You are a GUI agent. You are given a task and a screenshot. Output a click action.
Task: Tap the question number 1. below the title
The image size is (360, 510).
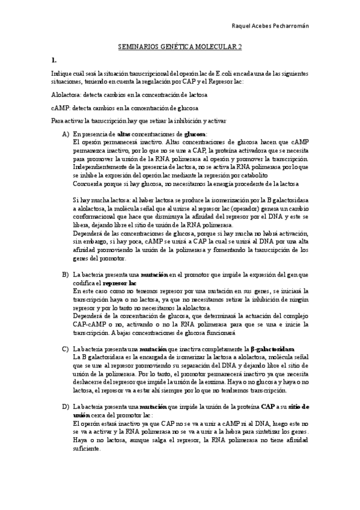[x=54, y=60]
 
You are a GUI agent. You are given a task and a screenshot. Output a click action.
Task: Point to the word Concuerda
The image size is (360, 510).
[x=88, y=183]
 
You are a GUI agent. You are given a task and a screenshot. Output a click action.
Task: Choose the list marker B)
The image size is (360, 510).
[x=66, y=274]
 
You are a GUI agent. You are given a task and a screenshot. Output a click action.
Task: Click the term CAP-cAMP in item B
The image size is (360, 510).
[x=88, y=324]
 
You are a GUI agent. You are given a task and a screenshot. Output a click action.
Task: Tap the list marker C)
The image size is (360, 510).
[x=66, y=349]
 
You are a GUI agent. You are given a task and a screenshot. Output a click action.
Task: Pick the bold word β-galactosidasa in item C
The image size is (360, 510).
[x=272, y=349]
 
